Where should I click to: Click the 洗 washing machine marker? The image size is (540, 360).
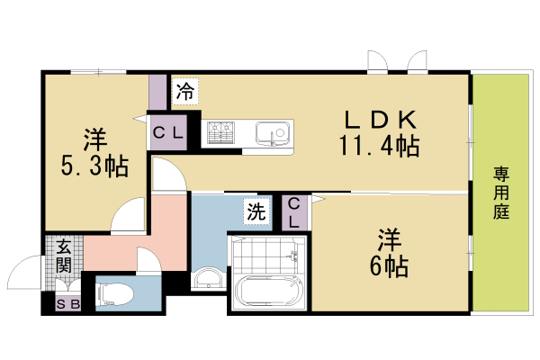[256, 213]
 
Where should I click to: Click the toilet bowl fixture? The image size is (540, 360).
[112, 292]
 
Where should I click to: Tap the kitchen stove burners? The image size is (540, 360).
[220, 133]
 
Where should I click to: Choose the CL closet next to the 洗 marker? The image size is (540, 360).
[294, 214]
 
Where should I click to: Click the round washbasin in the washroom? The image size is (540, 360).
[207, 277]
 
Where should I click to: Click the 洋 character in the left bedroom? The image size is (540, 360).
[95, 139]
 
